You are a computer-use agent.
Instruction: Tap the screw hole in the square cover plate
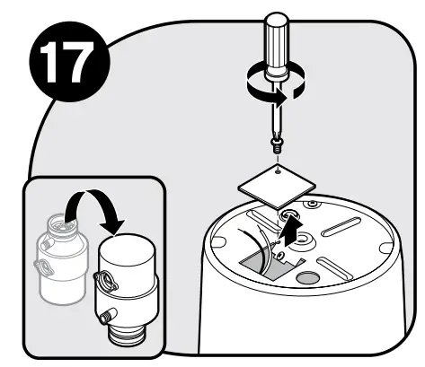coord(279,170)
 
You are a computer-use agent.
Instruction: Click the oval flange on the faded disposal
coord(41,267)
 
